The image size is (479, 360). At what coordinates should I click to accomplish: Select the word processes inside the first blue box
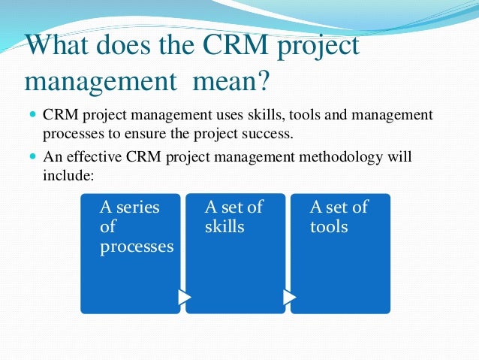point(137,247)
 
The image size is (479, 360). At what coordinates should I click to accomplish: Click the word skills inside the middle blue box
point(224,226)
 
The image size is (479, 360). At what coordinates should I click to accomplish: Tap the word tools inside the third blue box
point(329,226)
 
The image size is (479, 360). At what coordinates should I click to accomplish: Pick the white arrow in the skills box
point(290,298)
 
